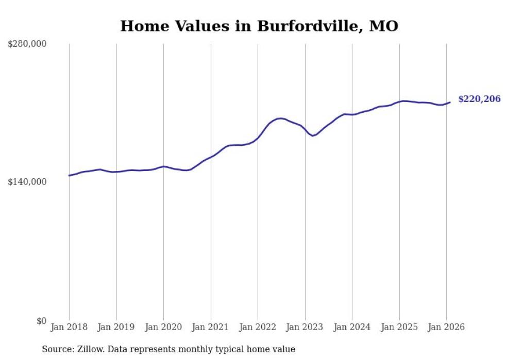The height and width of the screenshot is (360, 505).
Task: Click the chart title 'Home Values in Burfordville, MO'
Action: [259, 26]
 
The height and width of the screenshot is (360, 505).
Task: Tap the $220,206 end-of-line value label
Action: [479, 99]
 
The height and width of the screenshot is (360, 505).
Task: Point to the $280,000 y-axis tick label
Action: [27, 44]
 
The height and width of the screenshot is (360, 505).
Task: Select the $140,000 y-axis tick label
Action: [27, 182]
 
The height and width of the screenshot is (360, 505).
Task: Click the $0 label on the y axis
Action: [41, 321]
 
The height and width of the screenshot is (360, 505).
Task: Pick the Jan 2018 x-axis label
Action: [69, 328]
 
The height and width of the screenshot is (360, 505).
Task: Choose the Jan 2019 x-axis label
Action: [116, 328]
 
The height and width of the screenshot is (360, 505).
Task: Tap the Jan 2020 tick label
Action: [163, 328]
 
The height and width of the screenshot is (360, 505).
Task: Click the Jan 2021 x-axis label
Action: [211, 328]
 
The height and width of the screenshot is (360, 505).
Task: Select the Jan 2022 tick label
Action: [258, 328]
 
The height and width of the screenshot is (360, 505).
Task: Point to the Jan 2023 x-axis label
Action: [305, 328]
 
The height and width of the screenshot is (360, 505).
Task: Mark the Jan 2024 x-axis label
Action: [352, 328]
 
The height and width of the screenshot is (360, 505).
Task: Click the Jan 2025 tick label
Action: [399, 328]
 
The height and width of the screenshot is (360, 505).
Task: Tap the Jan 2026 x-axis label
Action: [446, 328]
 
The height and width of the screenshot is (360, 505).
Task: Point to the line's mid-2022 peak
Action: [280, 118]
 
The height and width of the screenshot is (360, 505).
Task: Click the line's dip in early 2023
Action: [312, 135]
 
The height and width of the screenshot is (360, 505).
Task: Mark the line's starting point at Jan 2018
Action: [69, 176]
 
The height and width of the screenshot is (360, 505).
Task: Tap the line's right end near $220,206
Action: [450, 102]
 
